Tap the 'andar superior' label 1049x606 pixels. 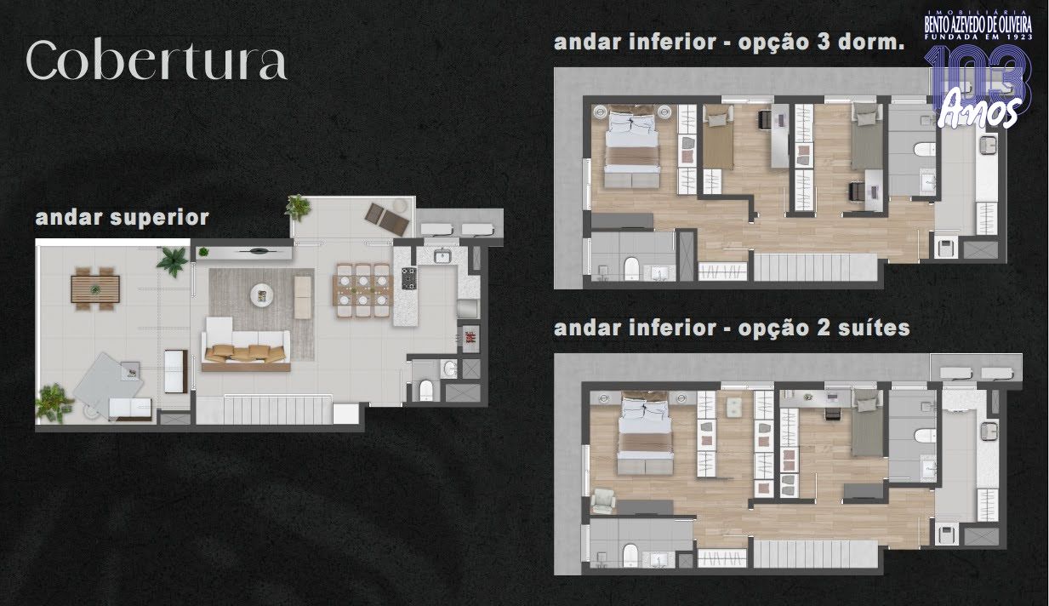click(123, 218)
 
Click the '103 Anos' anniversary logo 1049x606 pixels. click(978, 87)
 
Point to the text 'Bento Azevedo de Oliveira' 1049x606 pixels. click(978, 25)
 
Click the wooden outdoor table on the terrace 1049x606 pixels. click(95, 289)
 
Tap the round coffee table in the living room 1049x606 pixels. click(262, 295)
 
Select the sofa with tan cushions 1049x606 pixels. click(245, 345)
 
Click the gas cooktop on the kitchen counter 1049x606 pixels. click(408, 278)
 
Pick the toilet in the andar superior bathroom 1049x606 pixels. click(425, 390)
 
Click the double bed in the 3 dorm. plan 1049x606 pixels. click(632, 146)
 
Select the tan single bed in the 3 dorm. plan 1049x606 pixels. click(718, 137)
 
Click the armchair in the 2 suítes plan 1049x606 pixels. click(603, 501)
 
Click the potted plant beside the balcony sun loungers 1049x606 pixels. click(298, 208)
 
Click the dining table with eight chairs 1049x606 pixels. click(363, 290)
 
